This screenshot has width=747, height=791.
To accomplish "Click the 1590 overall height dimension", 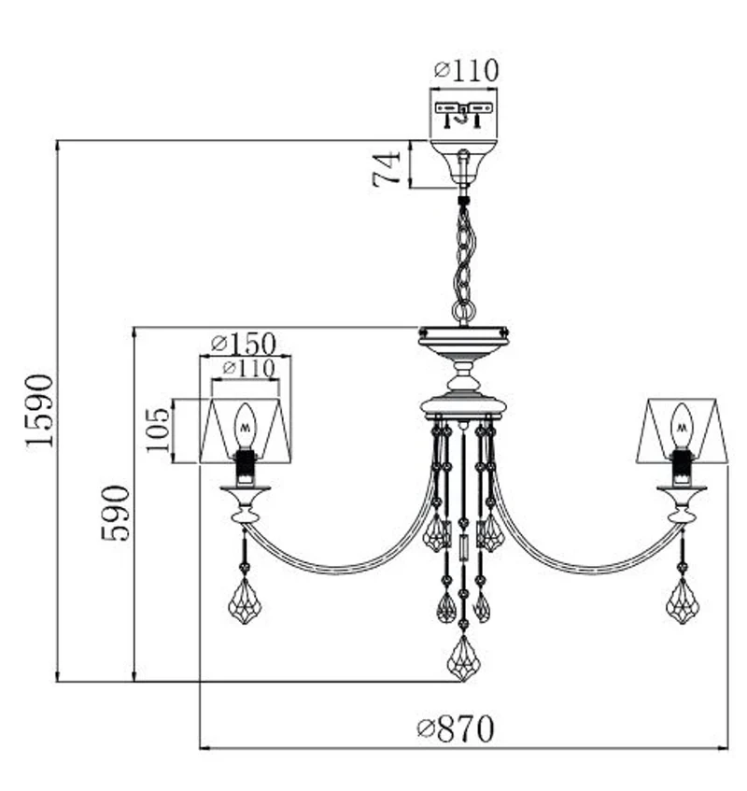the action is (40, 411).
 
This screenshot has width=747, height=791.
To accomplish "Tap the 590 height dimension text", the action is (116, 513).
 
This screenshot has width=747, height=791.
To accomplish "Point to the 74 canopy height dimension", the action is (387, 169).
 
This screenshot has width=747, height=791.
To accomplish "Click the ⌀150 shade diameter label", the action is (244, 344).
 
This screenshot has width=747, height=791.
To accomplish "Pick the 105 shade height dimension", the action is (159, 431).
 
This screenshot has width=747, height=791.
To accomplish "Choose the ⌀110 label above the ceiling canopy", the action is (467, 70).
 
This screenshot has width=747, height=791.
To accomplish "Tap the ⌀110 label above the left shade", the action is (248, 368).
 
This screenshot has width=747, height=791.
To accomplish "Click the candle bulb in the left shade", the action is (246, 426).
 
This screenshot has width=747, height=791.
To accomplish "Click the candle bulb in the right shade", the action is (682, 426).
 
